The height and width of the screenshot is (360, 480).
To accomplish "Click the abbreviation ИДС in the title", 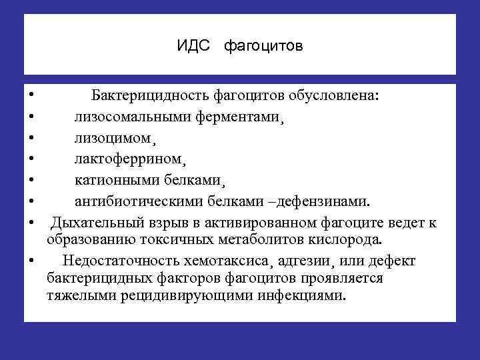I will [x=193, y=47].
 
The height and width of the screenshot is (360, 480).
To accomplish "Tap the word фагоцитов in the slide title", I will [x=263, y=47].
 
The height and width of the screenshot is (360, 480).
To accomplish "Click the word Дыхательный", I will [x=93, y=223].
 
